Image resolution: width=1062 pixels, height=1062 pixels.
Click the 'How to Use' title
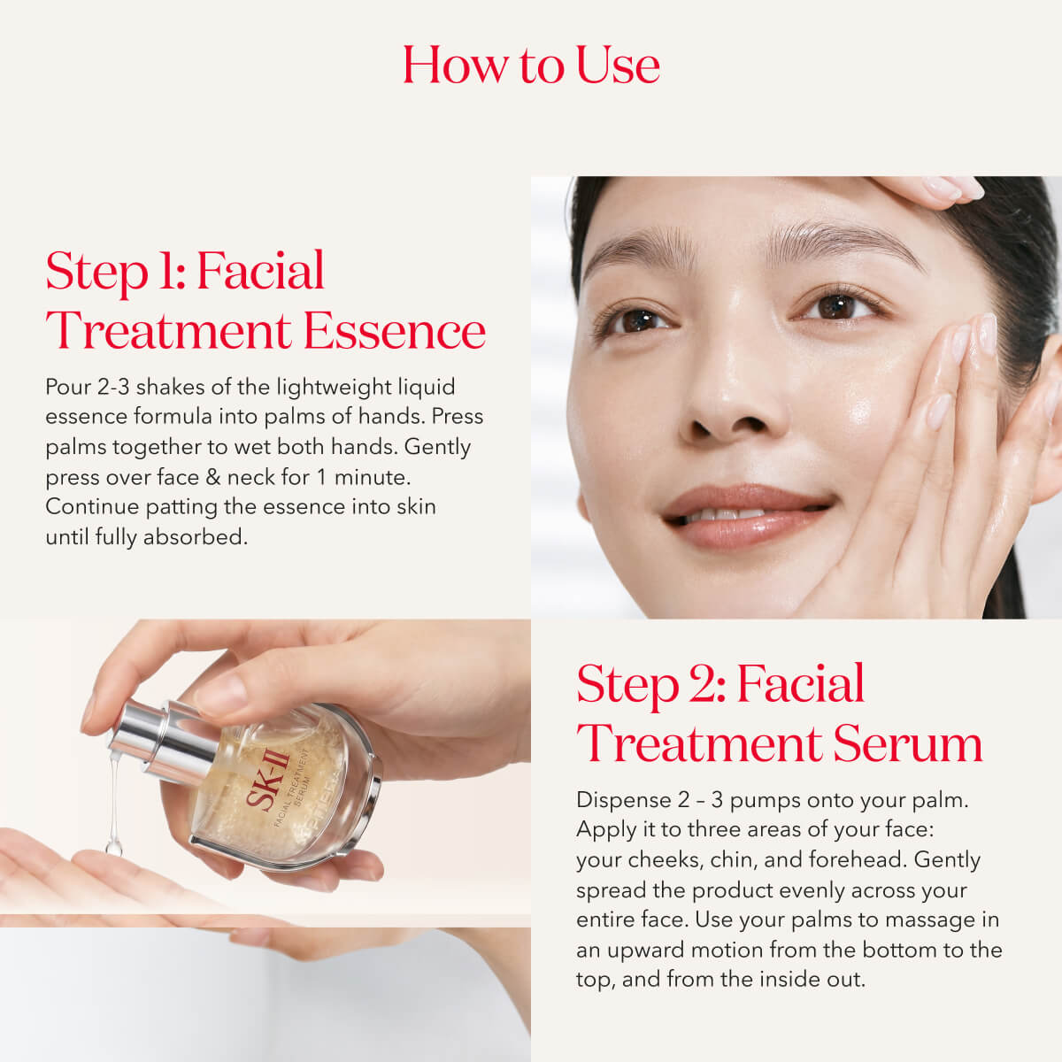(x=531, y=65)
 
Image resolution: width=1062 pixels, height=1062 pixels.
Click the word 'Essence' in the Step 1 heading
(x=395, y=331)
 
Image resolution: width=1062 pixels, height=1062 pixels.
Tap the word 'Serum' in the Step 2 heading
(x=908, y=743)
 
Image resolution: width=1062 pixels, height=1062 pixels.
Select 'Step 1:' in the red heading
(x=116, y=271)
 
